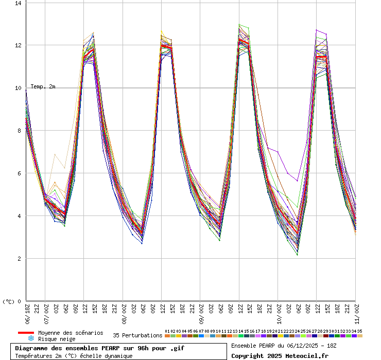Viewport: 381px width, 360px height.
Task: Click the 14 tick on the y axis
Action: point(19,3)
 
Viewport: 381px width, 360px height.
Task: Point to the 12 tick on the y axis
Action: point(19,45)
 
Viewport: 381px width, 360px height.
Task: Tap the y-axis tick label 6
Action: point(20,173)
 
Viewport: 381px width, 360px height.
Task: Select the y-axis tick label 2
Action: point(20,259)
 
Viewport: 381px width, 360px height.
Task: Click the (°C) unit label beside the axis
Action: point(9,302)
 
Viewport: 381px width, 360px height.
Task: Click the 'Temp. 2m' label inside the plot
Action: point(43,86)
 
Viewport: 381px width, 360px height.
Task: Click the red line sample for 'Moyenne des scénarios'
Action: point(26,333)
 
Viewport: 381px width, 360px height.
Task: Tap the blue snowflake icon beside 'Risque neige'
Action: point(31,339)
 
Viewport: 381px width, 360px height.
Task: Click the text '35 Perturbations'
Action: point(137,335)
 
